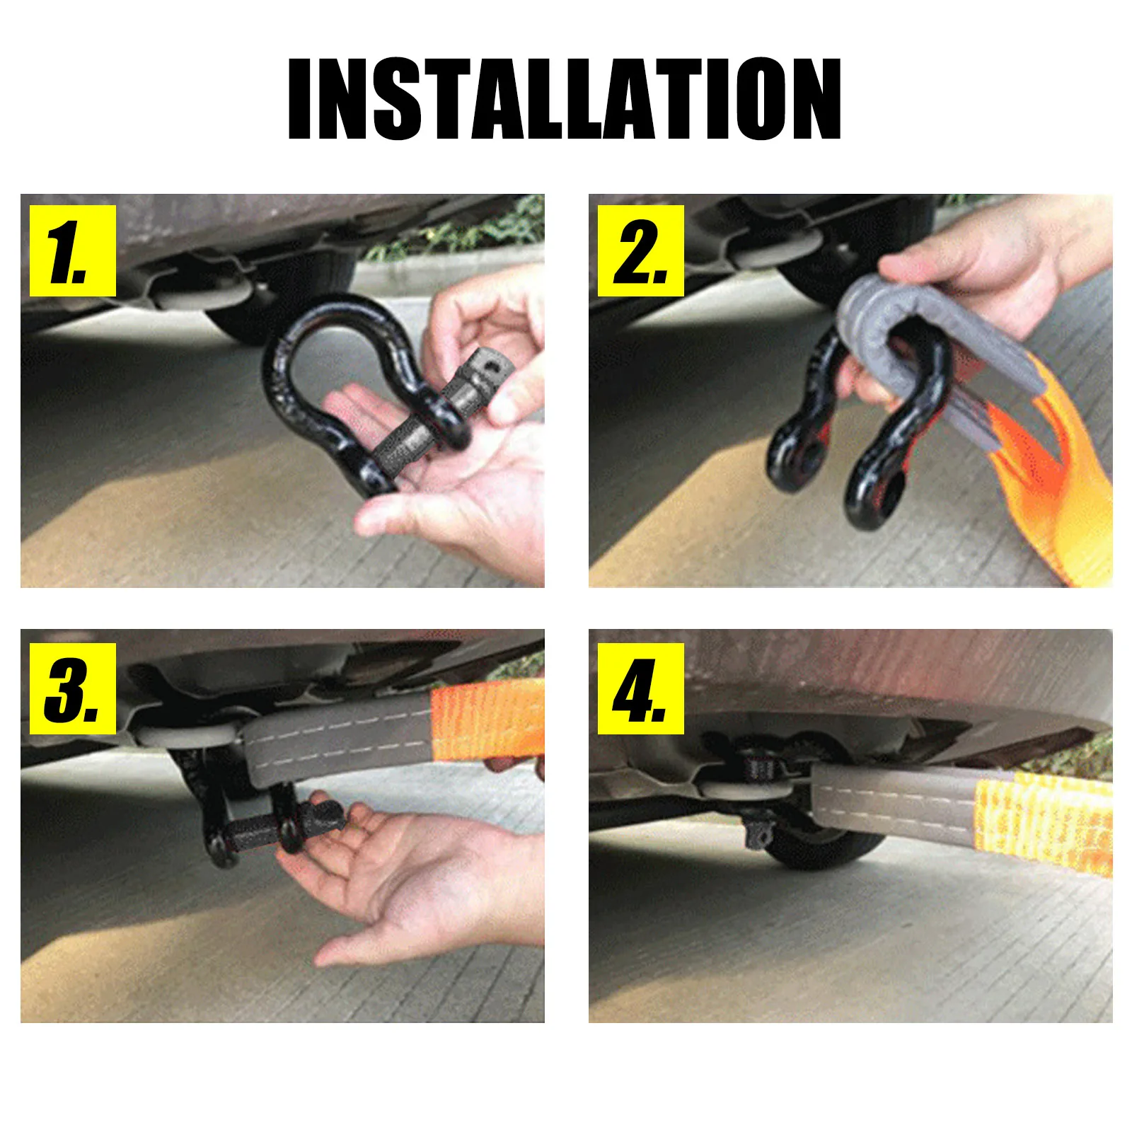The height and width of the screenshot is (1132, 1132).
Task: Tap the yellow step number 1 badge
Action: coord(72,251)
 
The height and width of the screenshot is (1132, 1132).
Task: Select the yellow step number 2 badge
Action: coord(640,251)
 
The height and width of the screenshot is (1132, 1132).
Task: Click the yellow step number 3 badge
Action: coord(72,688)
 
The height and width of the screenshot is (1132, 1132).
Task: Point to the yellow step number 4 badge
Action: coord(640,688)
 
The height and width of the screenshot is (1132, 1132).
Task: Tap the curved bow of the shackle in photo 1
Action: coord(333,318)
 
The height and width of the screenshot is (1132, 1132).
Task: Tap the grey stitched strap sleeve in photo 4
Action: coord(891,796)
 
